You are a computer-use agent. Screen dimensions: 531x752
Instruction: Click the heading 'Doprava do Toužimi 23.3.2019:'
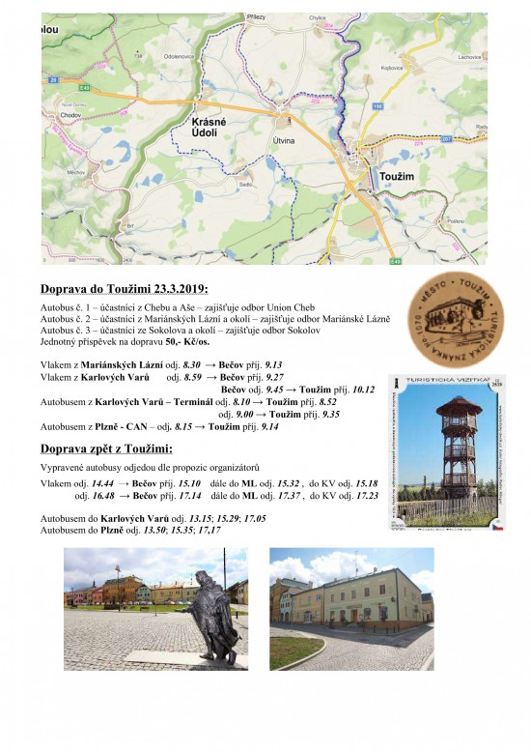pyautogui.click(x=125, y=289)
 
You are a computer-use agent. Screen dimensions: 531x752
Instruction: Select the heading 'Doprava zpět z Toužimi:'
pyautogui.click(x=107, y=448)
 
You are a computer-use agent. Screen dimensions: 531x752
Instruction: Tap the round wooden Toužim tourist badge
pyautogui.click(x=449, y=313)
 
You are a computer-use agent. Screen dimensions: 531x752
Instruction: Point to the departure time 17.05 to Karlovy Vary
pyautogui.click(x=255, y=518)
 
